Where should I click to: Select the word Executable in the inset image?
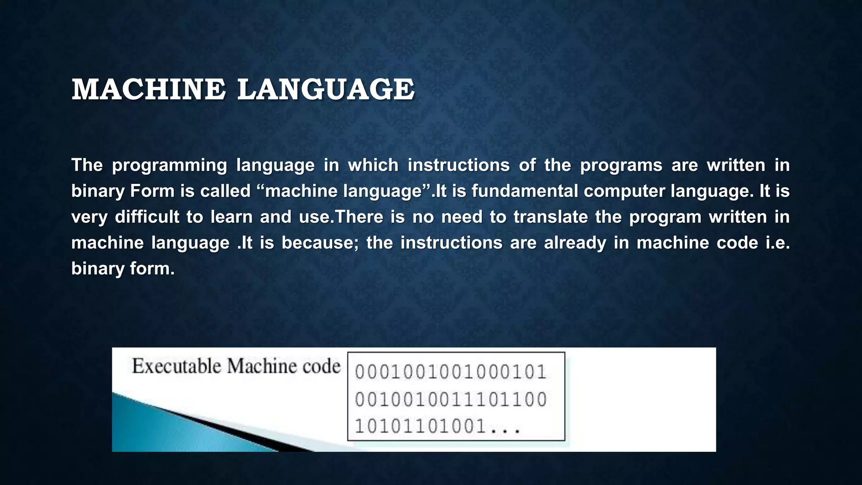(x=177, y=366)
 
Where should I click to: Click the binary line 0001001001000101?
(x=450, y=372)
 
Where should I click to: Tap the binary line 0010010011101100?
(x=450, y=399)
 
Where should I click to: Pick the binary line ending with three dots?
(x=438, y=426)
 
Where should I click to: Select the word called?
(x=225, y=191)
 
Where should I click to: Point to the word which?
(x=373, y=165)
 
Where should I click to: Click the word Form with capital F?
(x=152, y=191)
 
